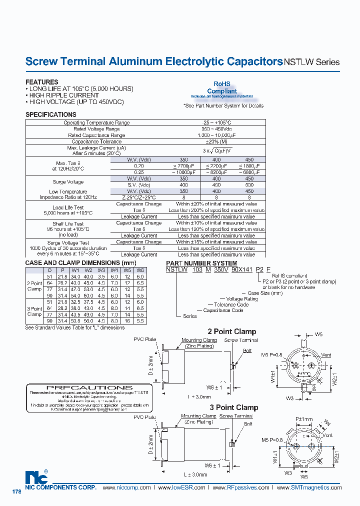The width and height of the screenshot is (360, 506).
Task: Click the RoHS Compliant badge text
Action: (x=222, y=88)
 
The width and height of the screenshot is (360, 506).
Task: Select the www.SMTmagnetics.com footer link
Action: (x=309, y=487)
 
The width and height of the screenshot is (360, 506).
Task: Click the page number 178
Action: (x=16, y=492)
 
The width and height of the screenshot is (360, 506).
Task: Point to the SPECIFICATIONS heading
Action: (x=50, y=114)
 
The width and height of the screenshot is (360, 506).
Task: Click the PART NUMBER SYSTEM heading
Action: (x=201, y=263)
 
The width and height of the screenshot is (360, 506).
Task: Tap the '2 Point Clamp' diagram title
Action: (x=231, y=331)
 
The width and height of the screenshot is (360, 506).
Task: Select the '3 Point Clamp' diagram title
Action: (x=233, y=407)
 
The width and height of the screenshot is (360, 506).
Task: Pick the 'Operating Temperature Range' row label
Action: (x=96, y=122)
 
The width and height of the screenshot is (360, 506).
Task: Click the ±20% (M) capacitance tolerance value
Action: (x=216, y=141)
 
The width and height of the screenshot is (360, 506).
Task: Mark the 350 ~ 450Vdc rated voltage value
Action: (x=216, y=129)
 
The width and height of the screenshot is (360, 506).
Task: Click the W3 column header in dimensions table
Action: (x=101, y=270)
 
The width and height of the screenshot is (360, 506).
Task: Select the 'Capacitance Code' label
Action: (x=223, y=310)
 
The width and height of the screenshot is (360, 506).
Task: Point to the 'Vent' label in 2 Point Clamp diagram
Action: (x=326, y=354)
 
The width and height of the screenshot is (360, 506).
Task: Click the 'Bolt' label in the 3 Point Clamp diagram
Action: (x=248, y=423)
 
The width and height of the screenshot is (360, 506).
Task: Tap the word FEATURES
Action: (x=41, y=82)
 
